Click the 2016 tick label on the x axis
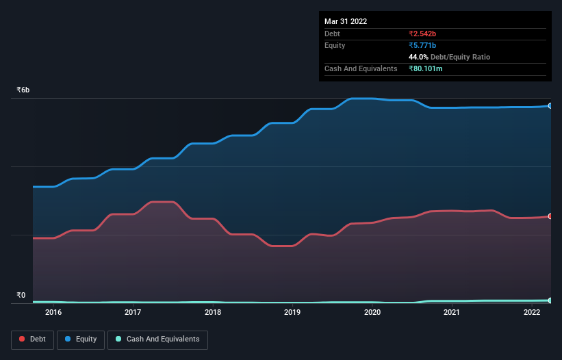click(53, 313)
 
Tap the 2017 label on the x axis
click(133, 313)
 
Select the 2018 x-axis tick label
click(213, 313)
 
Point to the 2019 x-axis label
click(292, 313)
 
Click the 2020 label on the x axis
click(372, 313)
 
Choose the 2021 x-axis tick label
click(452, 313)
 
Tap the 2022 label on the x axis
click(532, 313)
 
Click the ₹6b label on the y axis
click(23, 90)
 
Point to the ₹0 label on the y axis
click(21, 296)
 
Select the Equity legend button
click(81, 339)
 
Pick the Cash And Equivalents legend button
click(157, 339)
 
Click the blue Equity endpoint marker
click(550, 106)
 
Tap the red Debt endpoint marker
click(550, 216)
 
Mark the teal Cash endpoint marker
click(550, 300)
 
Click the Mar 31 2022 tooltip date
click(346, 21)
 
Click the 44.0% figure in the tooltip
click(419, 57)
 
